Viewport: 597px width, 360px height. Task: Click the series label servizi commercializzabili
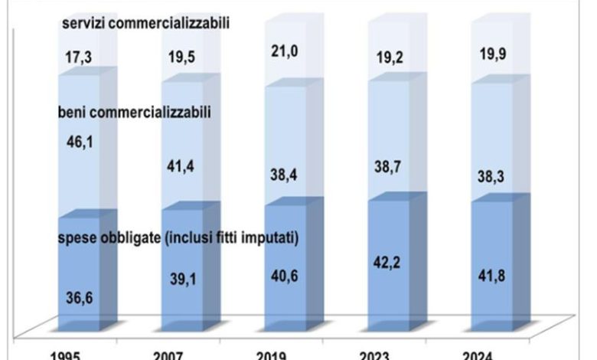(146, 24)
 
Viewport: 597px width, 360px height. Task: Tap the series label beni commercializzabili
(135, 113)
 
